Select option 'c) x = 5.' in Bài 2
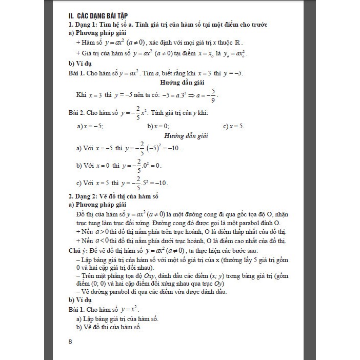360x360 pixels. tap(234, 126)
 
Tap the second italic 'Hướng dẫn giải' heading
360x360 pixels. tap(186, 136)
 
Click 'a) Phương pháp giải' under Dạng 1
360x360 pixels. tap(97, 33)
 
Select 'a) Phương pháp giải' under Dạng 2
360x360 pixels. tap(97, 204)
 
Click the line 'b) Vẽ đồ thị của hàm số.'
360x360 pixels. tap(108, 327)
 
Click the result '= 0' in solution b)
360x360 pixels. tap(156, 166)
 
